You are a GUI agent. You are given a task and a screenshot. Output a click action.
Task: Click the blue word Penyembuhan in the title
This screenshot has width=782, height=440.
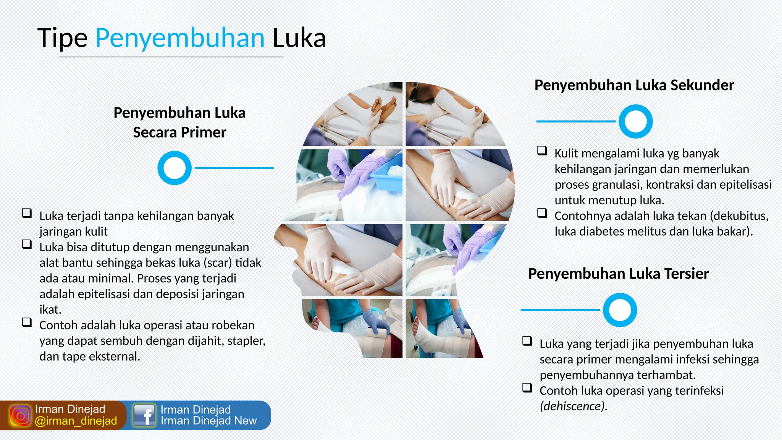(180, 38)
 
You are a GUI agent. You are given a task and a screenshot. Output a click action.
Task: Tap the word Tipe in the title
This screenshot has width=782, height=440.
(63, 38)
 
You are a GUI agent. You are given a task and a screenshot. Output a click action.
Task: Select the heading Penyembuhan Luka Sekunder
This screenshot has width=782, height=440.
(634, 85)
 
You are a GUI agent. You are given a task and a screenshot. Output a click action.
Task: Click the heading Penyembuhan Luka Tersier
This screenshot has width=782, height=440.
(618, 273)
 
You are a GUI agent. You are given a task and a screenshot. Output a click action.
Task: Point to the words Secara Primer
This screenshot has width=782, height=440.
(179, 132)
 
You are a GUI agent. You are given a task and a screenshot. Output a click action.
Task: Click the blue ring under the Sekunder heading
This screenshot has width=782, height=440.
(635, 121)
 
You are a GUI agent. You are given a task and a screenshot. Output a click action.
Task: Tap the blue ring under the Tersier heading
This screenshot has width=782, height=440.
(620, 310)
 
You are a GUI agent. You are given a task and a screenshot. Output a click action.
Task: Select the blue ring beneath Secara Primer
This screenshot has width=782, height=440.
(174, 168)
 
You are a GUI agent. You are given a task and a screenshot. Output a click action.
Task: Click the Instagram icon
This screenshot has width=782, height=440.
(20, 416)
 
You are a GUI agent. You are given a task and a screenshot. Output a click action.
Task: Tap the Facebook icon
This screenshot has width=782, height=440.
(144, 415)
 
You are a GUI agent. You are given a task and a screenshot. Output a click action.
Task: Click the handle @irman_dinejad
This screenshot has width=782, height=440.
(76, 421)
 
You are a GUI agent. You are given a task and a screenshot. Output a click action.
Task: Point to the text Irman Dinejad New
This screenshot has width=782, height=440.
(208, 421)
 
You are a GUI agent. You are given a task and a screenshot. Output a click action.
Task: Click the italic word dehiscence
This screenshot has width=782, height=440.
(572, 406)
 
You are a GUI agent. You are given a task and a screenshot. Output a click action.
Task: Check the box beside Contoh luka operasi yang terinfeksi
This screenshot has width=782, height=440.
(527, 388)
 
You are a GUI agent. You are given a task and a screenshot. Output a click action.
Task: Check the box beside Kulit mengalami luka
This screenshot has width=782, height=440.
(542, 150)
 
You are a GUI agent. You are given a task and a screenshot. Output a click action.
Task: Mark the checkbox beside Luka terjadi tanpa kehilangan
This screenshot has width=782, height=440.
(27, 213)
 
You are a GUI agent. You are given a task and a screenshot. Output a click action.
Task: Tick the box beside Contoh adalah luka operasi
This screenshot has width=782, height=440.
(27, 322)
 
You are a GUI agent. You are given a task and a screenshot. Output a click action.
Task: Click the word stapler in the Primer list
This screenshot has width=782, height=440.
(246, 341)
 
